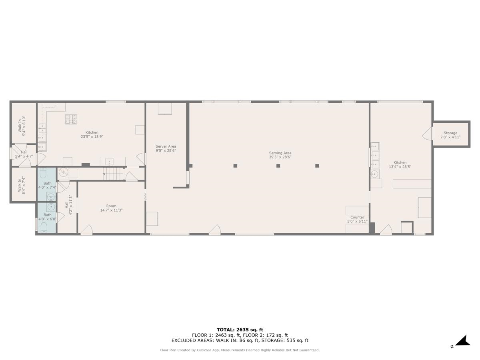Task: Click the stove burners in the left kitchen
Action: coord(72,119)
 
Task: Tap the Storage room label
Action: coord(450,135)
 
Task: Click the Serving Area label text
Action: coord(280,155)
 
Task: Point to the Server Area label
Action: coord(166,148)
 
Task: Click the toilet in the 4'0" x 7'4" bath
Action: coord(44,173)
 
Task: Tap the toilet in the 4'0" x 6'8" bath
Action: coord(44,228)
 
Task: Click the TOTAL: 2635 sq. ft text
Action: coord(240,330)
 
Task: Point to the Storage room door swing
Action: coord(427,134)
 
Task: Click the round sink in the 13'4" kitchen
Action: coord(374,174)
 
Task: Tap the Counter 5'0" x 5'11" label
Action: coord(357,219)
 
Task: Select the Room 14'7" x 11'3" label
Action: coord(111,208)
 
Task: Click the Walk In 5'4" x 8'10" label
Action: coord(22,126)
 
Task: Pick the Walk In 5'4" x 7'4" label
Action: coord(22,184)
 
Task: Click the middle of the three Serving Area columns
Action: coord(278,166)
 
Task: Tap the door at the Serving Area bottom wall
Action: coord(215,230)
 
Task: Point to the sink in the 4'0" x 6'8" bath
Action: coord(50,206)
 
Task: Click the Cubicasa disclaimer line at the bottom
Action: coord(240,350)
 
